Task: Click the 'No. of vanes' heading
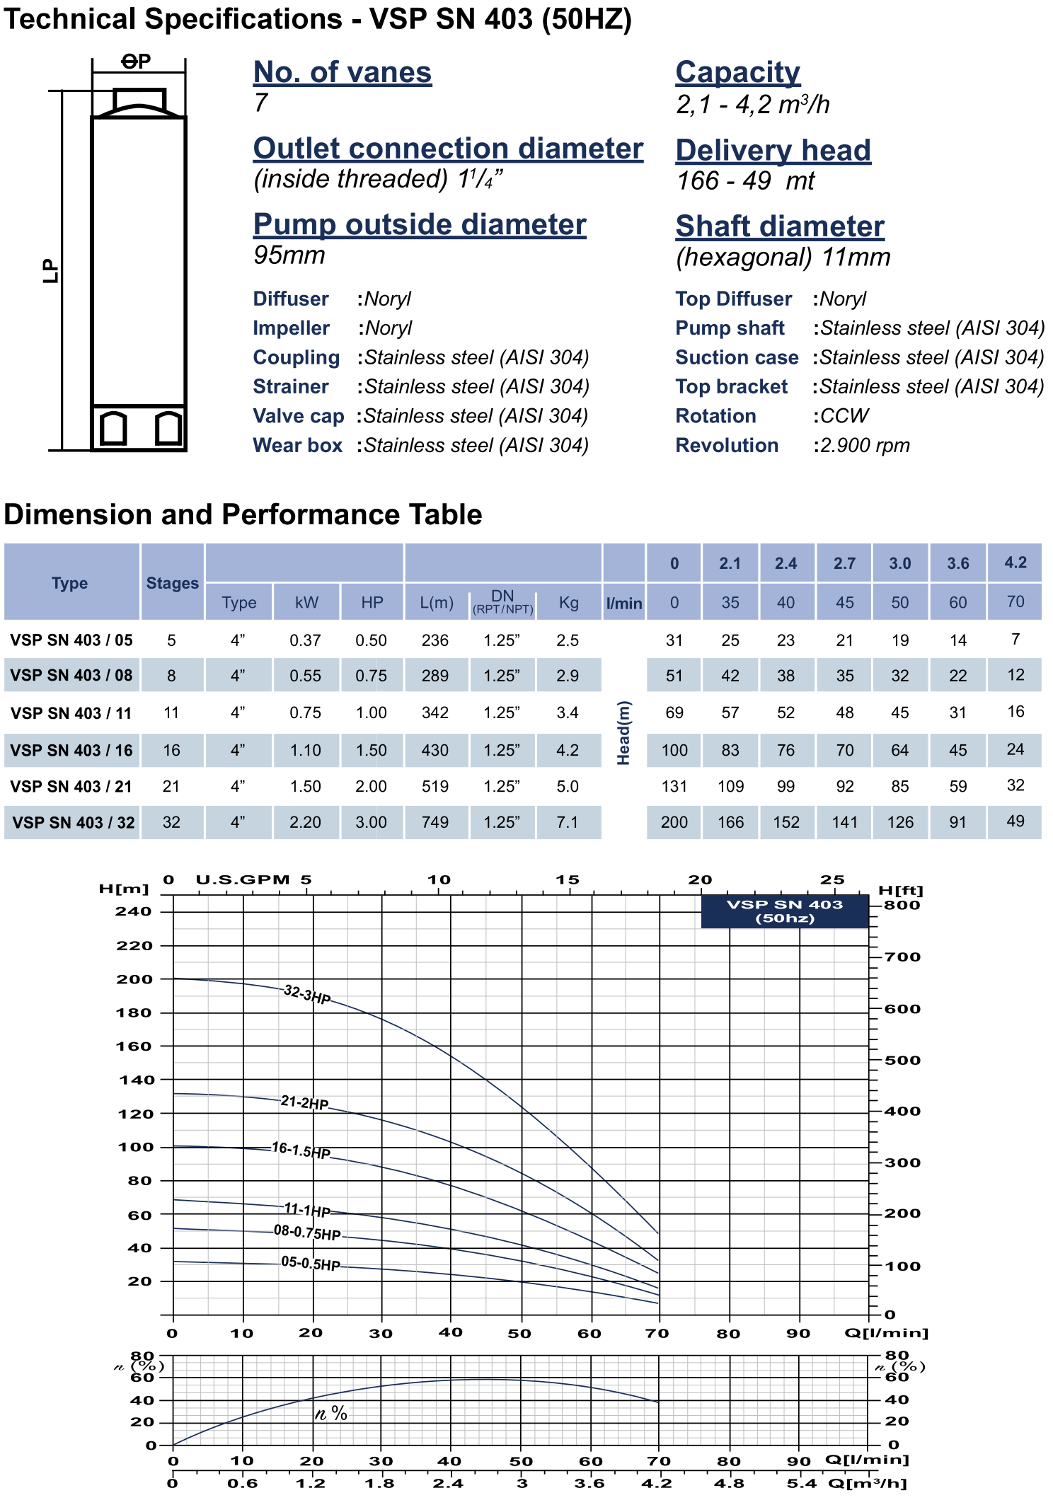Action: click(343, 72)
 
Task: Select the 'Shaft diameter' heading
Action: click(780, 226)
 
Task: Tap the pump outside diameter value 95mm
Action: click(289, 255)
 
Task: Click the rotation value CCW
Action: click(844, 416)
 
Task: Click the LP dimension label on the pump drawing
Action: click(51, 270)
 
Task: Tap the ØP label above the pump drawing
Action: click(136, 62)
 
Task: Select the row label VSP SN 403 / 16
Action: click(71, 751)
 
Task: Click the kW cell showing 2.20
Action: click(305, 822)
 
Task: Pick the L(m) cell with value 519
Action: click(435, 787)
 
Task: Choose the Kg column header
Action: click(568, 603)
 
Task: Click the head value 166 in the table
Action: click(730, 822)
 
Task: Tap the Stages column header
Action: click(172, 583)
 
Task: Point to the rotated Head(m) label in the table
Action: click(623, 732)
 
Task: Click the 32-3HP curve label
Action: click(307, 994)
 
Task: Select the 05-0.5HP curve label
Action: click(311, 1263)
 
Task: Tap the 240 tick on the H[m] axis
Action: click(134, 911)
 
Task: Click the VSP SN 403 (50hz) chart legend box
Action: click(785, 911)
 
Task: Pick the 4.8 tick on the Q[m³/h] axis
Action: click(729, 1483)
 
